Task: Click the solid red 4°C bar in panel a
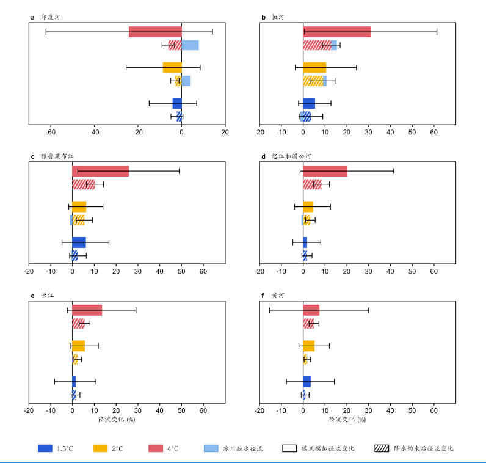click(155, 32)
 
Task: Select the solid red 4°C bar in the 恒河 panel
click(336, 32)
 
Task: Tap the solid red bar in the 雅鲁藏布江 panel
click(100, 171)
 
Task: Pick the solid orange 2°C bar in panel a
click(172, 67)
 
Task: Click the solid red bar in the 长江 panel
click(87, 310)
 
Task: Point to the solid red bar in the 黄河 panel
click(311, 310)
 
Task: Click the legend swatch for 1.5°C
click(45, 448)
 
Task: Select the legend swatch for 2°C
click(100, 448)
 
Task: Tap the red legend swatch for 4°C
click(156, 448)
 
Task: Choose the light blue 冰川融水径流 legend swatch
click(211, 448)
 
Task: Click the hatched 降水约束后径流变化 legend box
click(382, 448)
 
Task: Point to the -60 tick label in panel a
click(51, 132)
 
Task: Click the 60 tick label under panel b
click(434, 132)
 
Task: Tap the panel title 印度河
click(50, 17)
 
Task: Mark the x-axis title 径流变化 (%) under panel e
click(116, 420)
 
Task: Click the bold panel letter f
click(263, 296)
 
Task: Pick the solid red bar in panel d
click(325, 171)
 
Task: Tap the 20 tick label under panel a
click(225, 132)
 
